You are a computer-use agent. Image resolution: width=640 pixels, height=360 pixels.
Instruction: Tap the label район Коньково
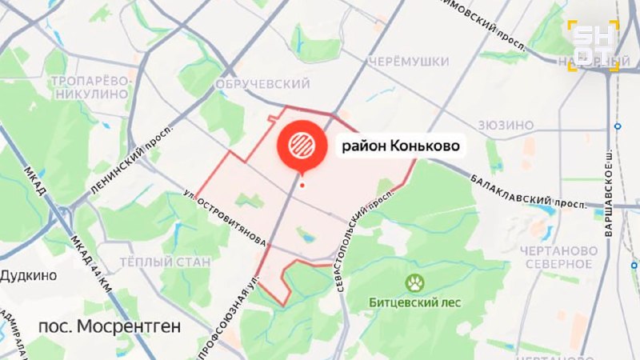(401, 146)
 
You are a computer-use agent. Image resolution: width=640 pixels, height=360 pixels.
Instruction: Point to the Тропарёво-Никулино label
(90, 87)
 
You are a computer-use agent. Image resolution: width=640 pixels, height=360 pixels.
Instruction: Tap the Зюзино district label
(505, 125)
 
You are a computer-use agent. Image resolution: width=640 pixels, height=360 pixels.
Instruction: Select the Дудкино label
(28, 275)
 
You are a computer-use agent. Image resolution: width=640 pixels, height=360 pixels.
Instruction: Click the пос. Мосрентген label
(110, 326)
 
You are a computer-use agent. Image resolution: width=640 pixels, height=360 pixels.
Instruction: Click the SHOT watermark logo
(593, 46)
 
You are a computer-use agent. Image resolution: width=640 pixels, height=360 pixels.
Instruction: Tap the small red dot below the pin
(302, 186)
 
